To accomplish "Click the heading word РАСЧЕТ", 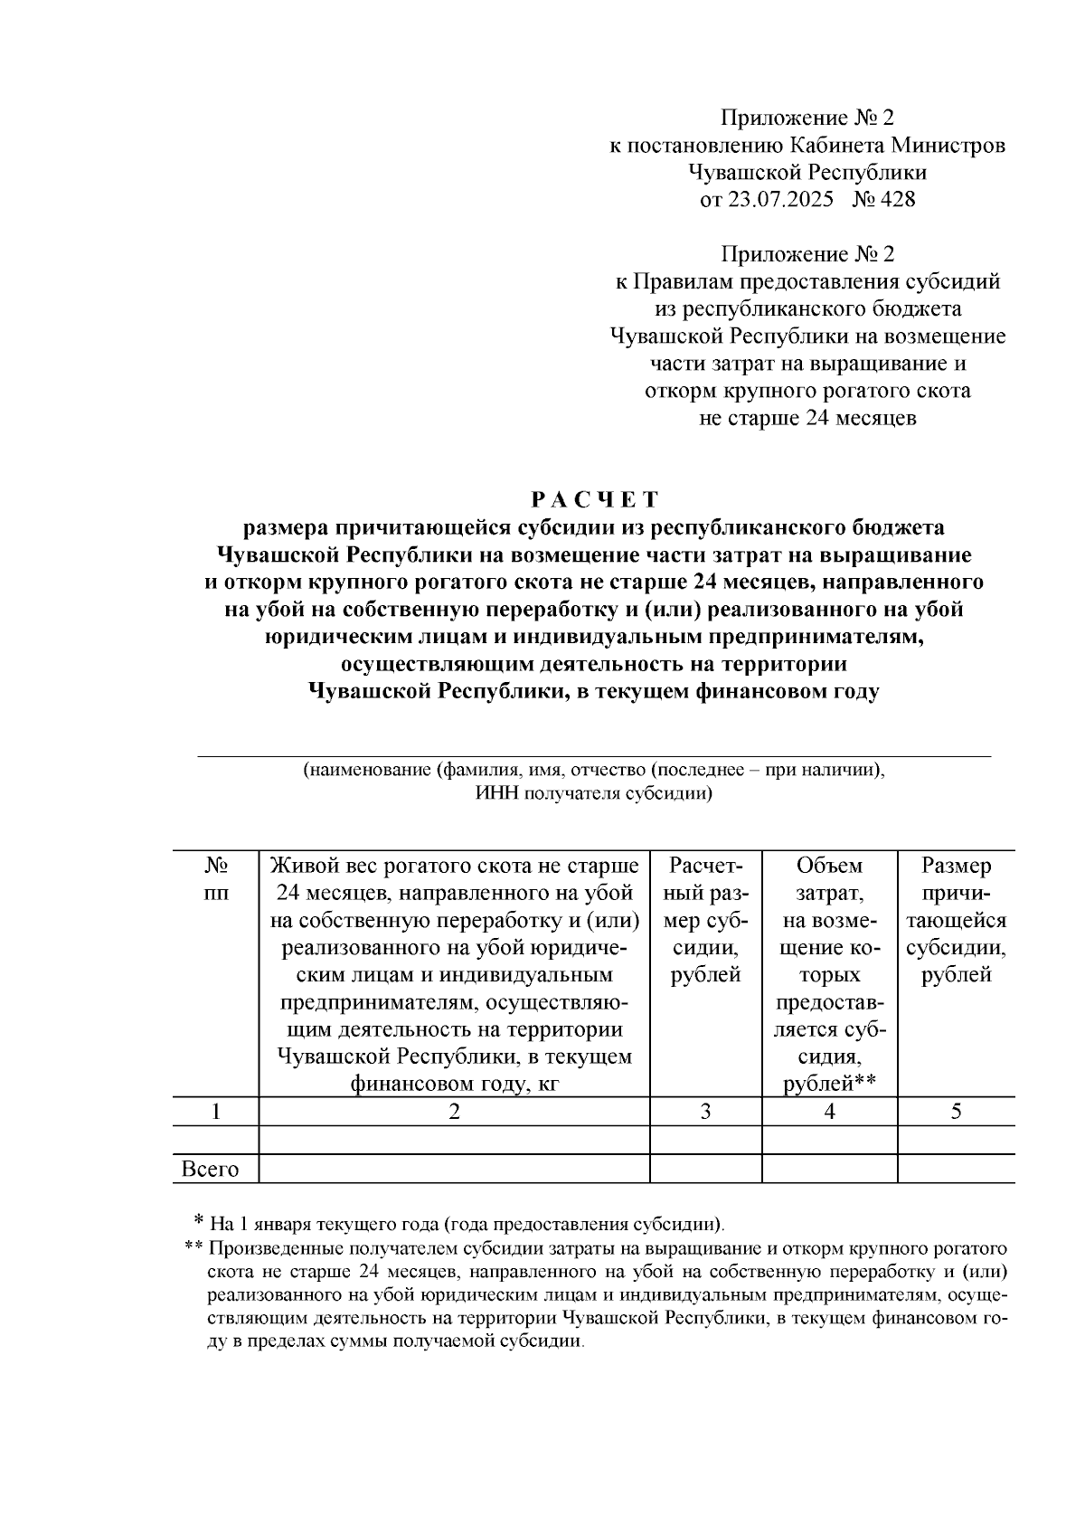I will pos(594,499).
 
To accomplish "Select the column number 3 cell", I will pos(705,1112).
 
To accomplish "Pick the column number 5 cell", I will pos(956,1112).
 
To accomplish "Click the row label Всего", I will pos(211,1169).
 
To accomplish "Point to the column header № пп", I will pos(215,879).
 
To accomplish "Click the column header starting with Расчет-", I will pos(705,920).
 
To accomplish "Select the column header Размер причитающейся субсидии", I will pos(956,920).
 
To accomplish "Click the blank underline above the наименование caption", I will pos(594,754).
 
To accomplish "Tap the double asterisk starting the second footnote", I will pos(193,1248).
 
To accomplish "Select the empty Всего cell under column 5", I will pos(956,1169).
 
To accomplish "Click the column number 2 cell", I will pos(454,1112).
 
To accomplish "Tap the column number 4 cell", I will pos(829,1112).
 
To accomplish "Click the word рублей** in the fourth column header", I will pos(829,1084).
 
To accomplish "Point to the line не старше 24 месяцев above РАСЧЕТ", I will pos(808,419).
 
